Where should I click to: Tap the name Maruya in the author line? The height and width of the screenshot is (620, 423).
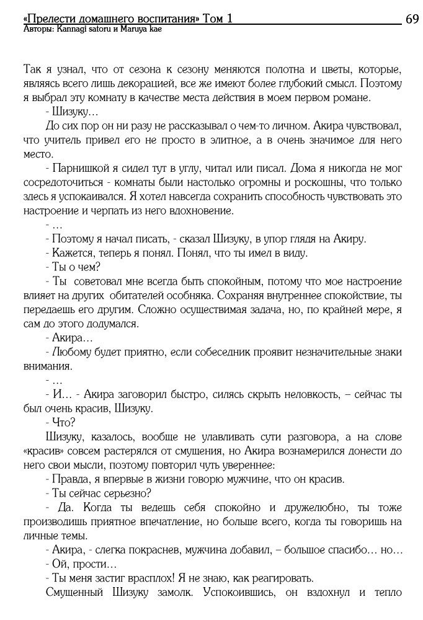[125, 29]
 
